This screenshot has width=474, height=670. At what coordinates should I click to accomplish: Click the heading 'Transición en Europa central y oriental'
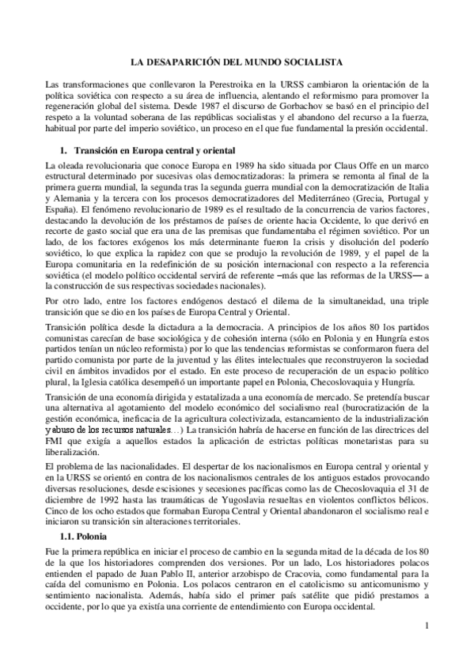click(150, 149)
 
